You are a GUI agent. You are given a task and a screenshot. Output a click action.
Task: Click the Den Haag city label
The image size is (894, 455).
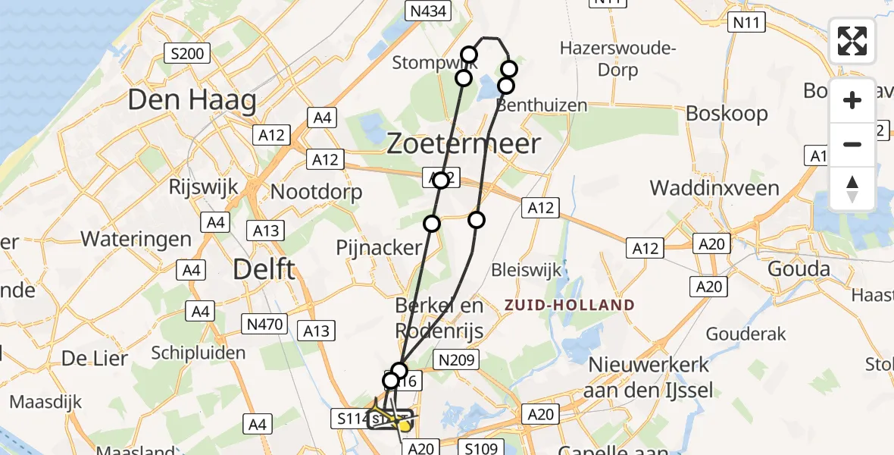[x=192, y=100]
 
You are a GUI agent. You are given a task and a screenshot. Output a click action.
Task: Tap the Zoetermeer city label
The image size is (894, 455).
[x=464, y=143]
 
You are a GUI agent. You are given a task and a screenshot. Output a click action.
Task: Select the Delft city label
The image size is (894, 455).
[x=265, y=268]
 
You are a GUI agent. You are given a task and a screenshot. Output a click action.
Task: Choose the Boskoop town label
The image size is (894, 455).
[x=727, y=114]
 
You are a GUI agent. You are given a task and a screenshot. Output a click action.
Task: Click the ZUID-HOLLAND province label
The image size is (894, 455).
[x=570, y=305]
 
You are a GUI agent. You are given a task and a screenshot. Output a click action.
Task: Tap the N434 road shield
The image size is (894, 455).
[x=428, y=11]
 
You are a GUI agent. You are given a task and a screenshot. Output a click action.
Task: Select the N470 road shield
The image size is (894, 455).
[x=265, y=325]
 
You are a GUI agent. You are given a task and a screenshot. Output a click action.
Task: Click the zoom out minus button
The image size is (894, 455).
[x=852, y=144]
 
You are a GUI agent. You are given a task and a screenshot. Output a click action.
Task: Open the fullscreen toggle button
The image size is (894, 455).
[x=852, y=41]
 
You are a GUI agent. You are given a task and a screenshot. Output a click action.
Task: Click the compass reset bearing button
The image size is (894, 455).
[x=852, y=189]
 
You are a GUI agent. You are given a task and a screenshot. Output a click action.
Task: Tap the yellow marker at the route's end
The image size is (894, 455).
[x=405, y=426]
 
